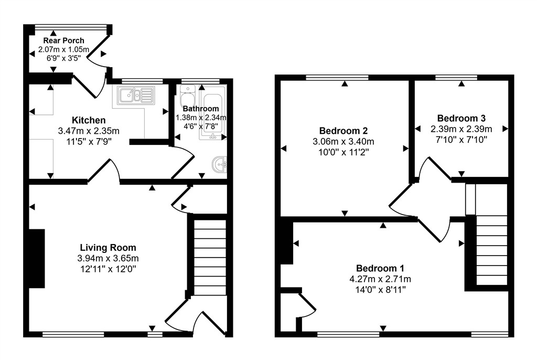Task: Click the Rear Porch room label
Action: pos(63,40)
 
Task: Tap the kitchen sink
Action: pos(136,95)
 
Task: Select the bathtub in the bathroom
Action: pos(213,113)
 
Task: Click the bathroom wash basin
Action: pos(219,165)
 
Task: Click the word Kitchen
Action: pos(89,120)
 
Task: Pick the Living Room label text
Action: pos(108,248)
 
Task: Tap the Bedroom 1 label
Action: pos(380,268)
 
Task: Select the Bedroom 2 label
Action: pos(343,131)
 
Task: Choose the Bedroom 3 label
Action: pos(461,118)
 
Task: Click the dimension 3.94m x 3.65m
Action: pos(108,258)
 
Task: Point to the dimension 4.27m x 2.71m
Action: pos(380,279)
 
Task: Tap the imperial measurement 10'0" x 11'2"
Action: pos(343,152)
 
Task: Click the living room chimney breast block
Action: pos(37,259)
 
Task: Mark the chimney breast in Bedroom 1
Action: pos(286,243)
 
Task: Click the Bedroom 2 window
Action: pos(337,77)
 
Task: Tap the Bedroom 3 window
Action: pos(456,77)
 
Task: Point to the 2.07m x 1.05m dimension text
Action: pos(63,49)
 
